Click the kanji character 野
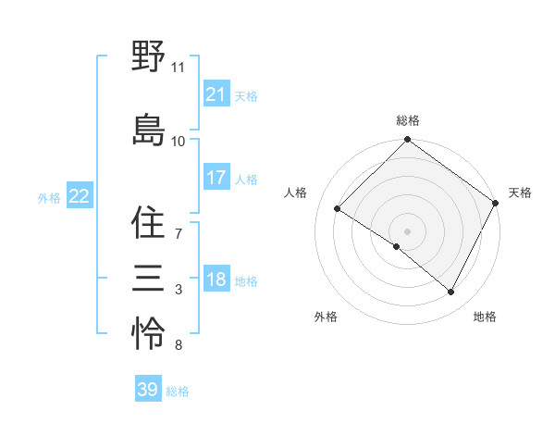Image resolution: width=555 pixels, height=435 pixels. point(148,57)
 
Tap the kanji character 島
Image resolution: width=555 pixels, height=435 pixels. point(148,130)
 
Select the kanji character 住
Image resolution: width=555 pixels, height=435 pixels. point(148,223)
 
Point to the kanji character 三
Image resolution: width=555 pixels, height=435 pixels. point(148,277)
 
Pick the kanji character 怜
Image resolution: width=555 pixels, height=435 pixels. point(148,332)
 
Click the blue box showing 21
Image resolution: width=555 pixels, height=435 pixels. point(216,94)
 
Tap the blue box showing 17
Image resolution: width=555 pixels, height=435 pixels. point(216,178)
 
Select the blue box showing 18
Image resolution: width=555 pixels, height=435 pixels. point(216,280)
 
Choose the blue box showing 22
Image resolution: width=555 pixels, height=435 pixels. point(79,196)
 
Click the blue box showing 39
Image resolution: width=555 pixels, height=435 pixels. point(147,390)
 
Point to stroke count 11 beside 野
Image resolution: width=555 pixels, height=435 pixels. point(178,68)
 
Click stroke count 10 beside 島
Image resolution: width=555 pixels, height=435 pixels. point(178,142)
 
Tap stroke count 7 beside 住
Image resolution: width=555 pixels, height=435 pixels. point(178,234)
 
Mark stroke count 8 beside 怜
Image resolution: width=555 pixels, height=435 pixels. point(178,345)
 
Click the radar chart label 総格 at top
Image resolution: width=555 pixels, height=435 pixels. point(408,120)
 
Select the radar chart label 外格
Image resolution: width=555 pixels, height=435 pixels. point(326,317)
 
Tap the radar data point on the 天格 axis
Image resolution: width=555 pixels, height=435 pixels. point(496,203)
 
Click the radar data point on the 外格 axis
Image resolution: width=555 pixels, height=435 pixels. point(397,246)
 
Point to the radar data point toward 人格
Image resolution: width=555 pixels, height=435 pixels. point(338,208)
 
